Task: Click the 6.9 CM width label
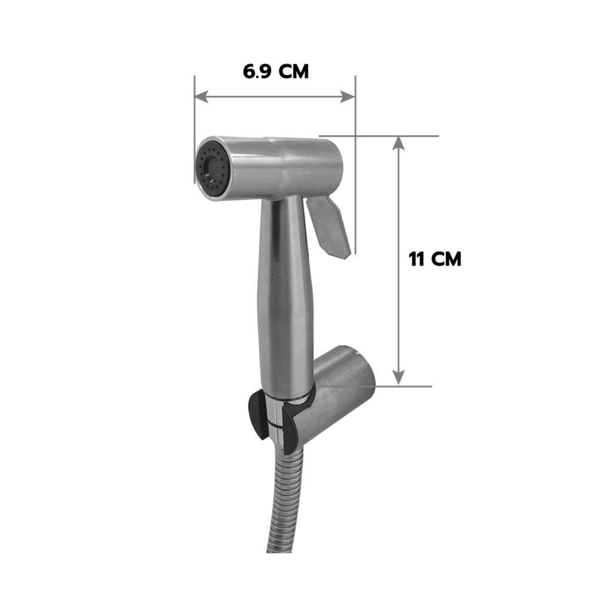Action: click(276, 72)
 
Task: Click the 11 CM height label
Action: click(435, 259)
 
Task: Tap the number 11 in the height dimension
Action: click(416, 259)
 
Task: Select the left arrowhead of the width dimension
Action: click(201, 97)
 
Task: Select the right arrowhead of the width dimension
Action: click(348, 97)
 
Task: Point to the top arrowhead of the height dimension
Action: click(398, 143)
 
